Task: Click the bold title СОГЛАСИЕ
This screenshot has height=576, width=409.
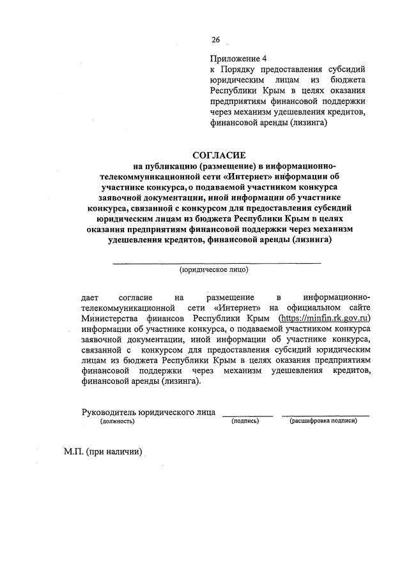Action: coord(217,155)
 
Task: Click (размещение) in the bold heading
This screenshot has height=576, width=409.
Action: coord(226,166)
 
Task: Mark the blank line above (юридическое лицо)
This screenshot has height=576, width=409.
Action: coord(217,262)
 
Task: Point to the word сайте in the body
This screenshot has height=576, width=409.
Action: coord(359,308)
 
